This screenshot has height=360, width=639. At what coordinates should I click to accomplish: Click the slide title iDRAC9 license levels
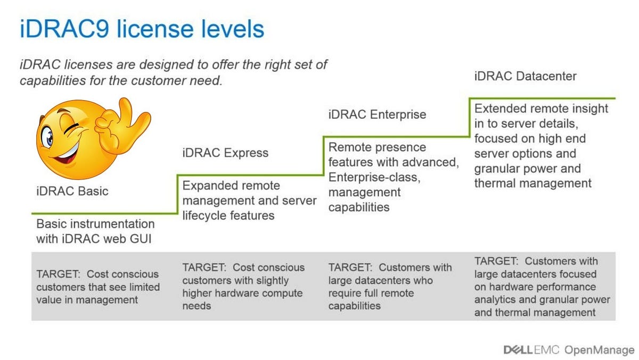coord(142,29)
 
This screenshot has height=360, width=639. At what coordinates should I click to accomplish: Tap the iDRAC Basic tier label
coord(72,191)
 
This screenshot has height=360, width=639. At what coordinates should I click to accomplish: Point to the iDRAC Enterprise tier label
coord(377,114)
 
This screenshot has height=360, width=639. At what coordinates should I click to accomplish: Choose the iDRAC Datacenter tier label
coord(525,76)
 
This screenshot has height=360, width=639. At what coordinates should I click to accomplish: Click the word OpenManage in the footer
coord(600,349)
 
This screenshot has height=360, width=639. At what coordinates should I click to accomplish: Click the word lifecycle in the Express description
coord(208,215)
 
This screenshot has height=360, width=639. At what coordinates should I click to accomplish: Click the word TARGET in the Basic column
coord(55,274)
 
